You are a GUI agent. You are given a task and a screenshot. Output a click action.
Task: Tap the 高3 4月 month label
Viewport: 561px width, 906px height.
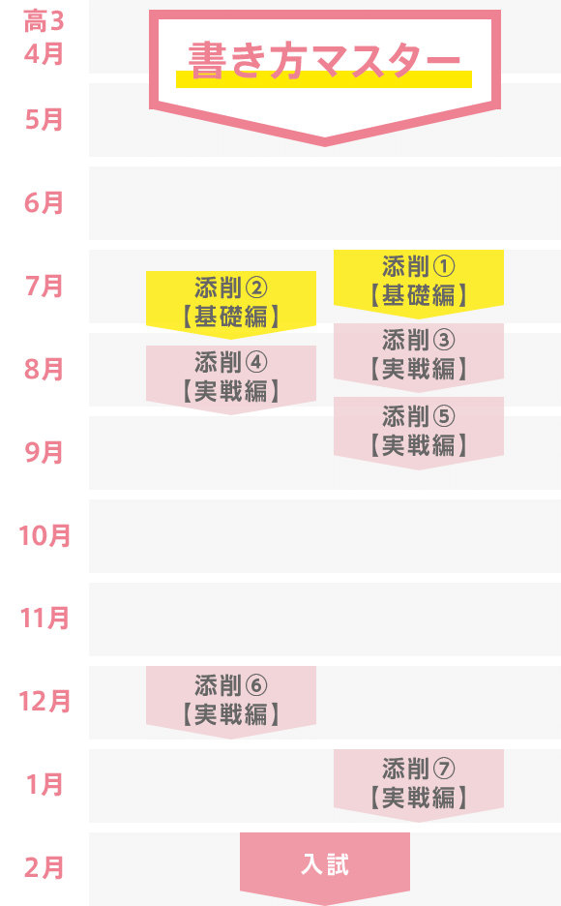point(44,38)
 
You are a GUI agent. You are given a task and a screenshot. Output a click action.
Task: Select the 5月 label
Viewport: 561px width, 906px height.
point(44,120)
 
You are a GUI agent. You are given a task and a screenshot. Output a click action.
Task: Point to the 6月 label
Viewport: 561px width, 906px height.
point(44,203)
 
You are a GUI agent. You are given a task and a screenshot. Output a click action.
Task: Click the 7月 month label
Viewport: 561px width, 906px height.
point(44,287)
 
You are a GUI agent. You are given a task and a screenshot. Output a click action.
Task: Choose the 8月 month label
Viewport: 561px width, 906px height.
point(44,370)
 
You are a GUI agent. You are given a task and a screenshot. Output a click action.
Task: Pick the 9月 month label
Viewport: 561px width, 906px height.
point(44,452)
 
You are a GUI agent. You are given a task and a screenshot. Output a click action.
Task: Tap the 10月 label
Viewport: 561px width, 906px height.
point(44,535)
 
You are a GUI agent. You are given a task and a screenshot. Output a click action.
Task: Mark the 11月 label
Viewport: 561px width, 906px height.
point(44,619)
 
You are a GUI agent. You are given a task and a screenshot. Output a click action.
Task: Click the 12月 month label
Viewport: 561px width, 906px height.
point(44,702)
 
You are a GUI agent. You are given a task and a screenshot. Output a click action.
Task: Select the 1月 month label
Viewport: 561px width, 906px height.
point(44,785)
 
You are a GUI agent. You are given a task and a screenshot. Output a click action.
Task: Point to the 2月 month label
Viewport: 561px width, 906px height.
point(44,868)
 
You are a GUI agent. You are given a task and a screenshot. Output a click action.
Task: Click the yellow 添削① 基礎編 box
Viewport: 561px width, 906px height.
point(419,283)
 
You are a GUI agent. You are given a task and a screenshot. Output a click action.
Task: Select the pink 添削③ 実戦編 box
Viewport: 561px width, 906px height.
point(419,357)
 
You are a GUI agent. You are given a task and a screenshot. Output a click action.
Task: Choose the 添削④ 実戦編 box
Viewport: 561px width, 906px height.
point(231,379)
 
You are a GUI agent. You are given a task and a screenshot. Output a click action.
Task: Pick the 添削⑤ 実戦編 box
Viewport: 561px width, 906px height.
point(419,433)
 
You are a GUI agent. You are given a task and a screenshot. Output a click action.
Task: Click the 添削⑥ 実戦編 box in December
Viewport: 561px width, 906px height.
point(231,702)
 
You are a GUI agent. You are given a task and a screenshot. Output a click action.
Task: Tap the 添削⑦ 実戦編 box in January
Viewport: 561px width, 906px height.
point(419,785)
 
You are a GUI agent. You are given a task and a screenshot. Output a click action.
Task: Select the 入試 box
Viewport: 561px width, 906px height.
point(325,866)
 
